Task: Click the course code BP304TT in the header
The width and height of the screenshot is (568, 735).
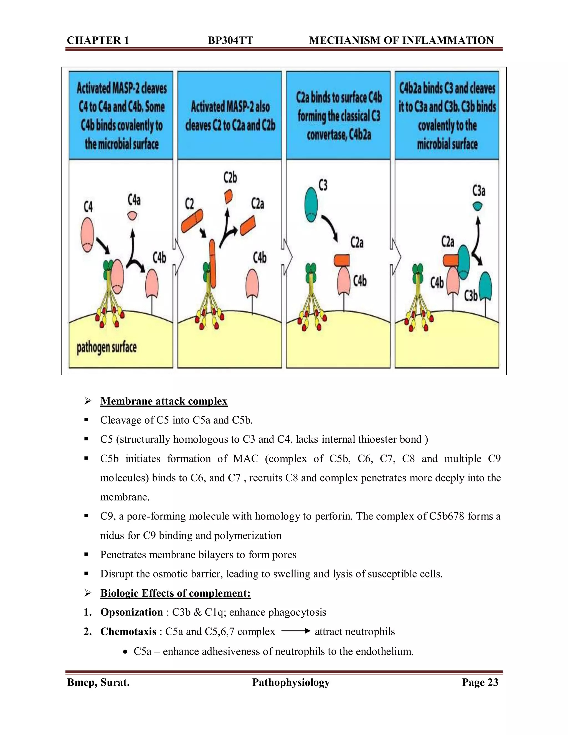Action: [230, 40]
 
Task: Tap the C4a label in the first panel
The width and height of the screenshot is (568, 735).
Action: [134, 200]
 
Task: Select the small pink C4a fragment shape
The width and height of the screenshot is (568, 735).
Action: [132, 216]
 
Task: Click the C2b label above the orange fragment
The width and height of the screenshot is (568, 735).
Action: [230, 177]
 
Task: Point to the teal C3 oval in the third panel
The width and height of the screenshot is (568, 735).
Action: [311, 205]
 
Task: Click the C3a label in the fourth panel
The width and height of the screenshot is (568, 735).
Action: [478, 191]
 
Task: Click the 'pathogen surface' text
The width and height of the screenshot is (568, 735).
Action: [107, 347]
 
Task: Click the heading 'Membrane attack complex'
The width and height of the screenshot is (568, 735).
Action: [164, 401]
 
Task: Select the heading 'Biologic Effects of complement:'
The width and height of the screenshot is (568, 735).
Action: [175, 593]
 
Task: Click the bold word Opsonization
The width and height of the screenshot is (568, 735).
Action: [131, 612]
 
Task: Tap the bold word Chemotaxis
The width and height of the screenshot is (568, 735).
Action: [128, 631]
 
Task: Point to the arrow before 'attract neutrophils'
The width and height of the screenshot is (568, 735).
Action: [295, 631]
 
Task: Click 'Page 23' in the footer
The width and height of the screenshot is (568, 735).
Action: [480, 682]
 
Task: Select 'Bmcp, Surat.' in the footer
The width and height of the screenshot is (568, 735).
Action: [98, 682]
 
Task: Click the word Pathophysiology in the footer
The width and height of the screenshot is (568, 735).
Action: [291, 682]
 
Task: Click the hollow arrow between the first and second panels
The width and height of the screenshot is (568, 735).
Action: [178, 257]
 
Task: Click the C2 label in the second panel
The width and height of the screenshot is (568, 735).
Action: [189, 204]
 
